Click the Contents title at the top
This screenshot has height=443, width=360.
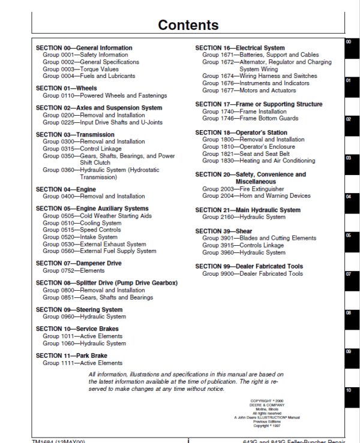coord(188,25)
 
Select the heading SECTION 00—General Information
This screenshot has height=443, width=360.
coord(84,48)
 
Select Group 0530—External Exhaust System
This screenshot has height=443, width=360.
coord(94,245)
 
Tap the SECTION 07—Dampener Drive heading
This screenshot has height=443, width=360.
coord(79,263)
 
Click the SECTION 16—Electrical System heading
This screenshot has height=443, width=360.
coord(240,48)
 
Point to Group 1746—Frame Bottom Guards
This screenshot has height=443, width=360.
coord(250,119)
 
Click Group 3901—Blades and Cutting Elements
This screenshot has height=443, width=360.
coord(259,239)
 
